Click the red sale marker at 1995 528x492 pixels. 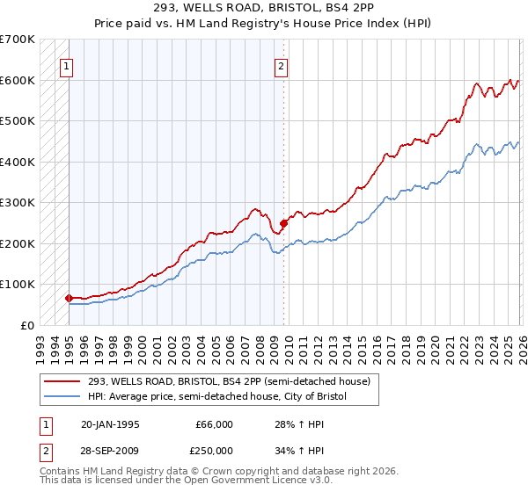pyautogui.click(x=70, y=298)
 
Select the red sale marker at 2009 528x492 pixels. pyautogui.click(x=283, y=223)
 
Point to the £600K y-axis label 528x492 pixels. pyautogui.click(x=18, y=80)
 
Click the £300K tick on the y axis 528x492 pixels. pyautogui.click(x=18, y=203)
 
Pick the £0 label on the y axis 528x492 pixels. pyautogui.click(x=26, y=325)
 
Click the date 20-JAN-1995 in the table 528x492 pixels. pyautogui.click(x=110, y=424)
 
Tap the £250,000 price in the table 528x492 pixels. pyautogui.click(x=215, y=451)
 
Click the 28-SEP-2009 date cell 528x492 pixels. pyautogui.click(x=110, y=451)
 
